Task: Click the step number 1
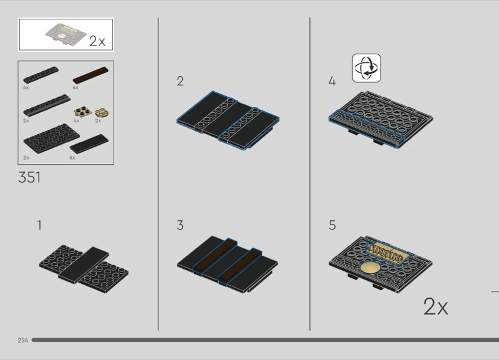pos(39,225)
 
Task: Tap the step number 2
pos(180,81)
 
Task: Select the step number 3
pos(180,225)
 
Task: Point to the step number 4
pos(332,81)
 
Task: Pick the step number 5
pos(332,225)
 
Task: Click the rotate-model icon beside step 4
pos(366,68)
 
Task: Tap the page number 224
pos(23,340)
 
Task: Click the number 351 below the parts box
pos(29,177)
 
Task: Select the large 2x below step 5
pos(435,306)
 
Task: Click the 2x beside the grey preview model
pos(97,41)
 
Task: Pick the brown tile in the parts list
pos(90,75)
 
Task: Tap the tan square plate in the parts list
pos(82,112)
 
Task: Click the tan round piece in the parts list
pos(102,112)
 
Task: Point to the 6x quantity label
pos(72,158)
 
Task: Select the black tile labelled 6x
pos(89,144)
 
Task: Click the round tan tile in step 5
pos(369,268)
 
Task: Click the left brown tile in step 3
pos(215,255)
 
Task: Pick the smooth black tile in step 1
pos(84,265)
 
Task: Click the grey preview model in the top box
pos(66,34)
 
